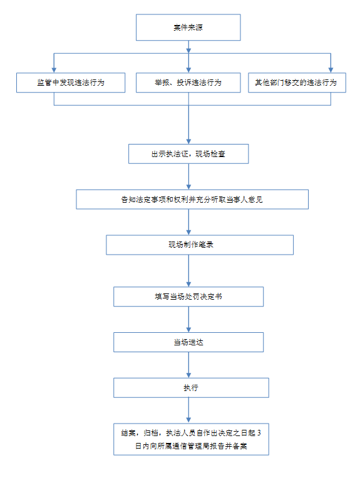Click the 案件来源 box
188,28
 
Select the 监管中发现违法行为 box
71,83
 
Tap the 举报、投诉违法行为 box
188,83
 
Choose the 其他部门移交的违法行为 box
297,83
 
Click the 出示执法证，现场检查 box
188,154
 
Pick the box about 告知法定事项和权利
192,200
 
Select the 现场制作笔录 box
200,245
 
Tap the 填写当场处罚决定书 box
188,297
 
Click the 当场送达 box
188,342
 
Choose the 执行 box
192,388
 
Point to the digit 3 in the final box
259,433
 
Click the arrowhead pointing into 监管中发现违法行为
54,70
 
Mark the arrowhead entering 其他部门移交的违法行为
331,70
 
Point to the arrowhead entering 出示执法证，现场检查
189,141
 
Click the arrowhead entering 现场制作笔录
189,232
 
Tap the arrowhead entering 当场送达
189,330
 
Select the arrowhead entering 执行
189,375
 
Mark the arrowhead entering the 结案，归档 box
189,420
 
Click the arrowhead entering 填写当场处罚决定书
189,284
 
